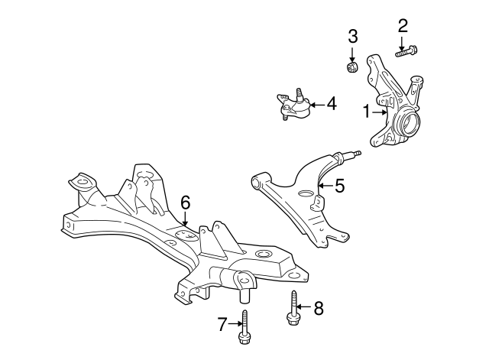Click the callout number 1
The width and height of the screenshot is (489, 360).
point(367,112)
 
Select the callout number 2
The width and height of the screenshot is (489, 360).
point(403,26)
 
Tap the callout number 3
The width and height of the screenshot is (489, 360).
point(353,36)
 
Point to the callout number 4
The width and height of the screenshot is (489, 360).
point(332,104)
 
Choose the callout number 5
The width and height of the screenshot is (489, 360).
point(339,186)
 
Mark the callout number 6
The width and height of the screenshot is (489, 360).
point(185,203)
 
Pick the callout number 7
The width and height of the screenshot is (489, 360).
point(222,324)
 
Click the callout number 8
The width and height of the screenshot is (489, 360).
point(319,309)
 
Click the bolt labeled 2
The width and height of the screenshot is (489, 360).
point(406,51)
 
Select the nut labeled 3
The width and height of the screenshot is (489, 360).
point(352,67)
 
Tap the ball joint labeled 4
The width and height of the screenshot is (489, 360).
point(293,105)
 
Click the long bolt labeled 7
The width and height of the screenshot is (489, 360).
point(244,327)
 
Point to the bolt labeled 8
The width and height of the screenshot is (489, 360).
point(293,308)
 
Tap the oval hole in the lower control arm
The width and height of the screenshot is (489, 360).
point(306,193)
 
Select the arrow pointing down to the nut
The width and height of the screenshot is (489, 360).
point(352,54)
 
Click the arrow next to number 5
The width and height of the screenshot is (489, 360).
point(325,186)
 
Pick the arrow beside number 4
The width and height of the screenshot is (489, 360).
point(318,105)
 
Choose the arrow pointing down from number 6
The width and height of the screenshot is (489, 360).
point(185,219)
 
